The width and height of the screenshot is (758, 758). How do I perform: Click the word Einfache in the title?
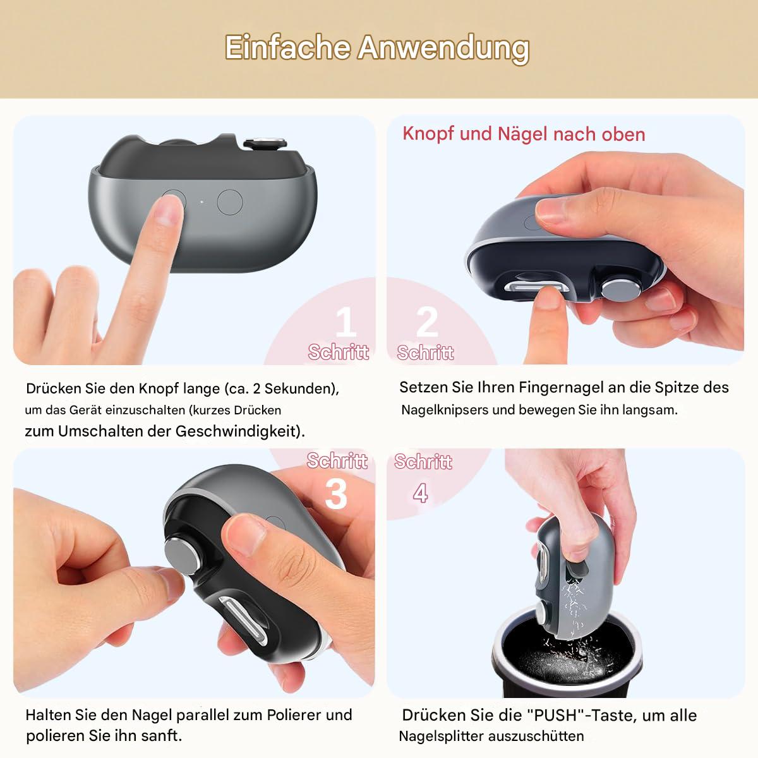287,47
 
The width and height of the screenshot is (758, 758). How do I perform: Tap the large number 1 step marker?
346,322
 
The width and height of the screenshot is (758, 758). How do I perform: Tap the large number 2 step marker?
427,322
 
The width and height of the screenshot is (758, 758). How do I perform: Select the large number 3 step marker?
336,493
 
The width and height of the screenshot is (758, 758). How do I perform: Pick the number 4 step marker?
421,493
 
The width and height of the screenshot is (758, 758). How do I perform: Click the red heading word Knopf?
428,134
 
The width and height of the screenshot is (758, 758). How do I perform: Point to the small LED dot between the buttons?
202,202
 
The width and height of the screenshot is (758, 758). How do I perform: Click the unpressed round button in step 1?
230,202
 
